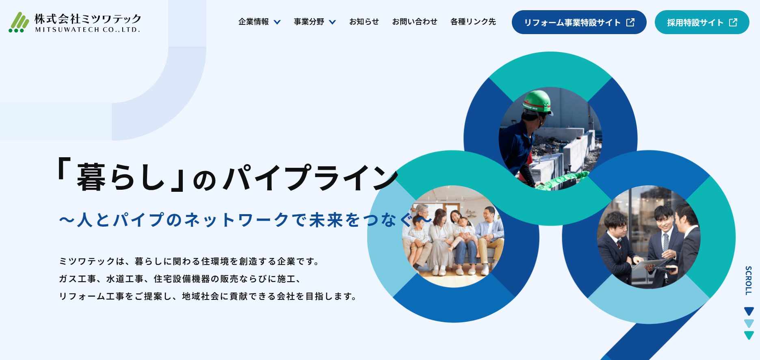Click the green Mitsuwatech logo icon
[x=19, y=22]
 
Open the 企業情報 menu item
[x=253, y=22]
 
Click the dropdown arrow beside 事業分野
[x=332, y=22]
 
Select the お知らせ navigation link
[x=364, y=22]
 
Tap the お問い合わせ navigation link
[x=415, y=22]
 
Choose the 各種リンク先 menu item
[x=473, y=22]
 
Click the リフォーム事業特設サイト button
[x=579, y=22]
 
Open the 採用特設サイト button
[x=702, y=22]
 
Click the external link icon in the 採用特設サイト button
[x=733, y=22]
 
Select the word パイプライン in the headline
[x=311, y=178]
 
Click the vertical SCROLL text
[x=749, y=280]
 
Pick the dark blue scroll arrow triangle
[x=749, y=311]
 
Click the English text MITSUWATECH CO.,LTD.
[x=88, y=30]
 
